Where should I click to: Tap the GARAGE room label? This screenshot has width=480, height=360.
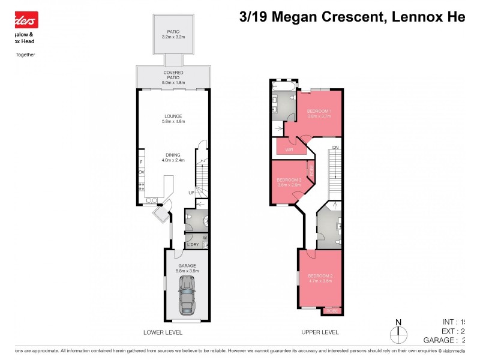(187, 265)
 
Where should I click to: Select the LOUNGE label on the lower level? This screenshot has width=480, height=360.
(173, 116)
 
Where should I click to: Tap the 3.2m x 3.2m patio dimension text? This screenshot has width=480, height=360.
(173, 37)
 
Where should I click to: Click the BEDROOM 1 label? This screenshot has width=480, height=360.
(319, 111)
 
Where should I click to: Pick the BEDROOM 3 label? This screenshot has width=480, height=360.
(289, 179)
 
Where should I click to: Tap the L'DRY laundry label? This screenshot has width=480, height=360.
(193, 244)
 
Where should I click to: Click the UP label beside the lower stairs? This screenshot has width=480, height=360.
(191, 193)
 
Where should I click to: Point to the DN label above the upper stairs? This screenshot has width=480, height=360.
(335, 147)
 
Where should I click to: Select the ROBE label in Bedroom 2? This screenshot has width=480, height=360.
(331, 311)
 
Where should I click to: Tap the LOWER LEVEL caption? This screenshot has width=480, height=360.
(163, 332)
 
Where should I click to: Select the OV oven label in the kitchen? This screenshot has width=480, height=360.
(142, 172)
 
